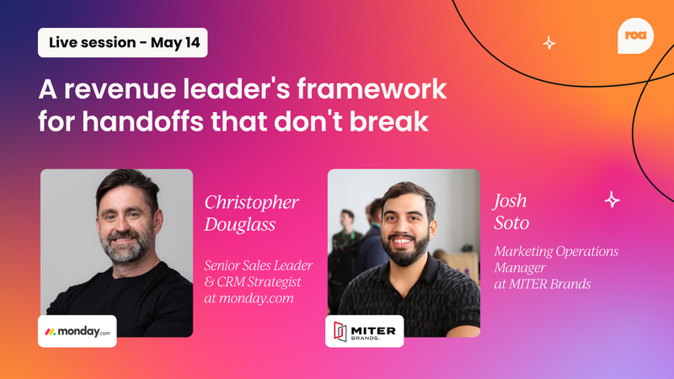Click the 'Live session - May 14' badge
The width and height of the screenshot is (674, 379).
[122, 42]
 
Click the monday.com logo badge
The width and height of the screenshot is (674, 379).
[78, 331]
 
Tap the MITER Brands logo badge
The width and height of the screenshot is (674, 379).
[365, 331]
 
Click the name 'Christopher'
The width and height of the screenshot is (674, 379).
[251, 203]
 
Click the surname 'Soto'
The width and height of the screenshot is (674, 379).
[511, 225]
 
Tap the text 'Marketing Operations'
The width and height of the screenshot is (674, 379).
[556, 251]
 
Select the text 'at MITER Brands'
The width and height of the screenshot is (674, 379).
[542, 284]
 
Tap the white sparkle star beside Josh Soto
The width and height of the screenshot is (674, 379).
[612, 200]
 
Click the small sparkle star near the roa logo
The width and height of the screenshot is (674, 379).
[549, 42]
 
